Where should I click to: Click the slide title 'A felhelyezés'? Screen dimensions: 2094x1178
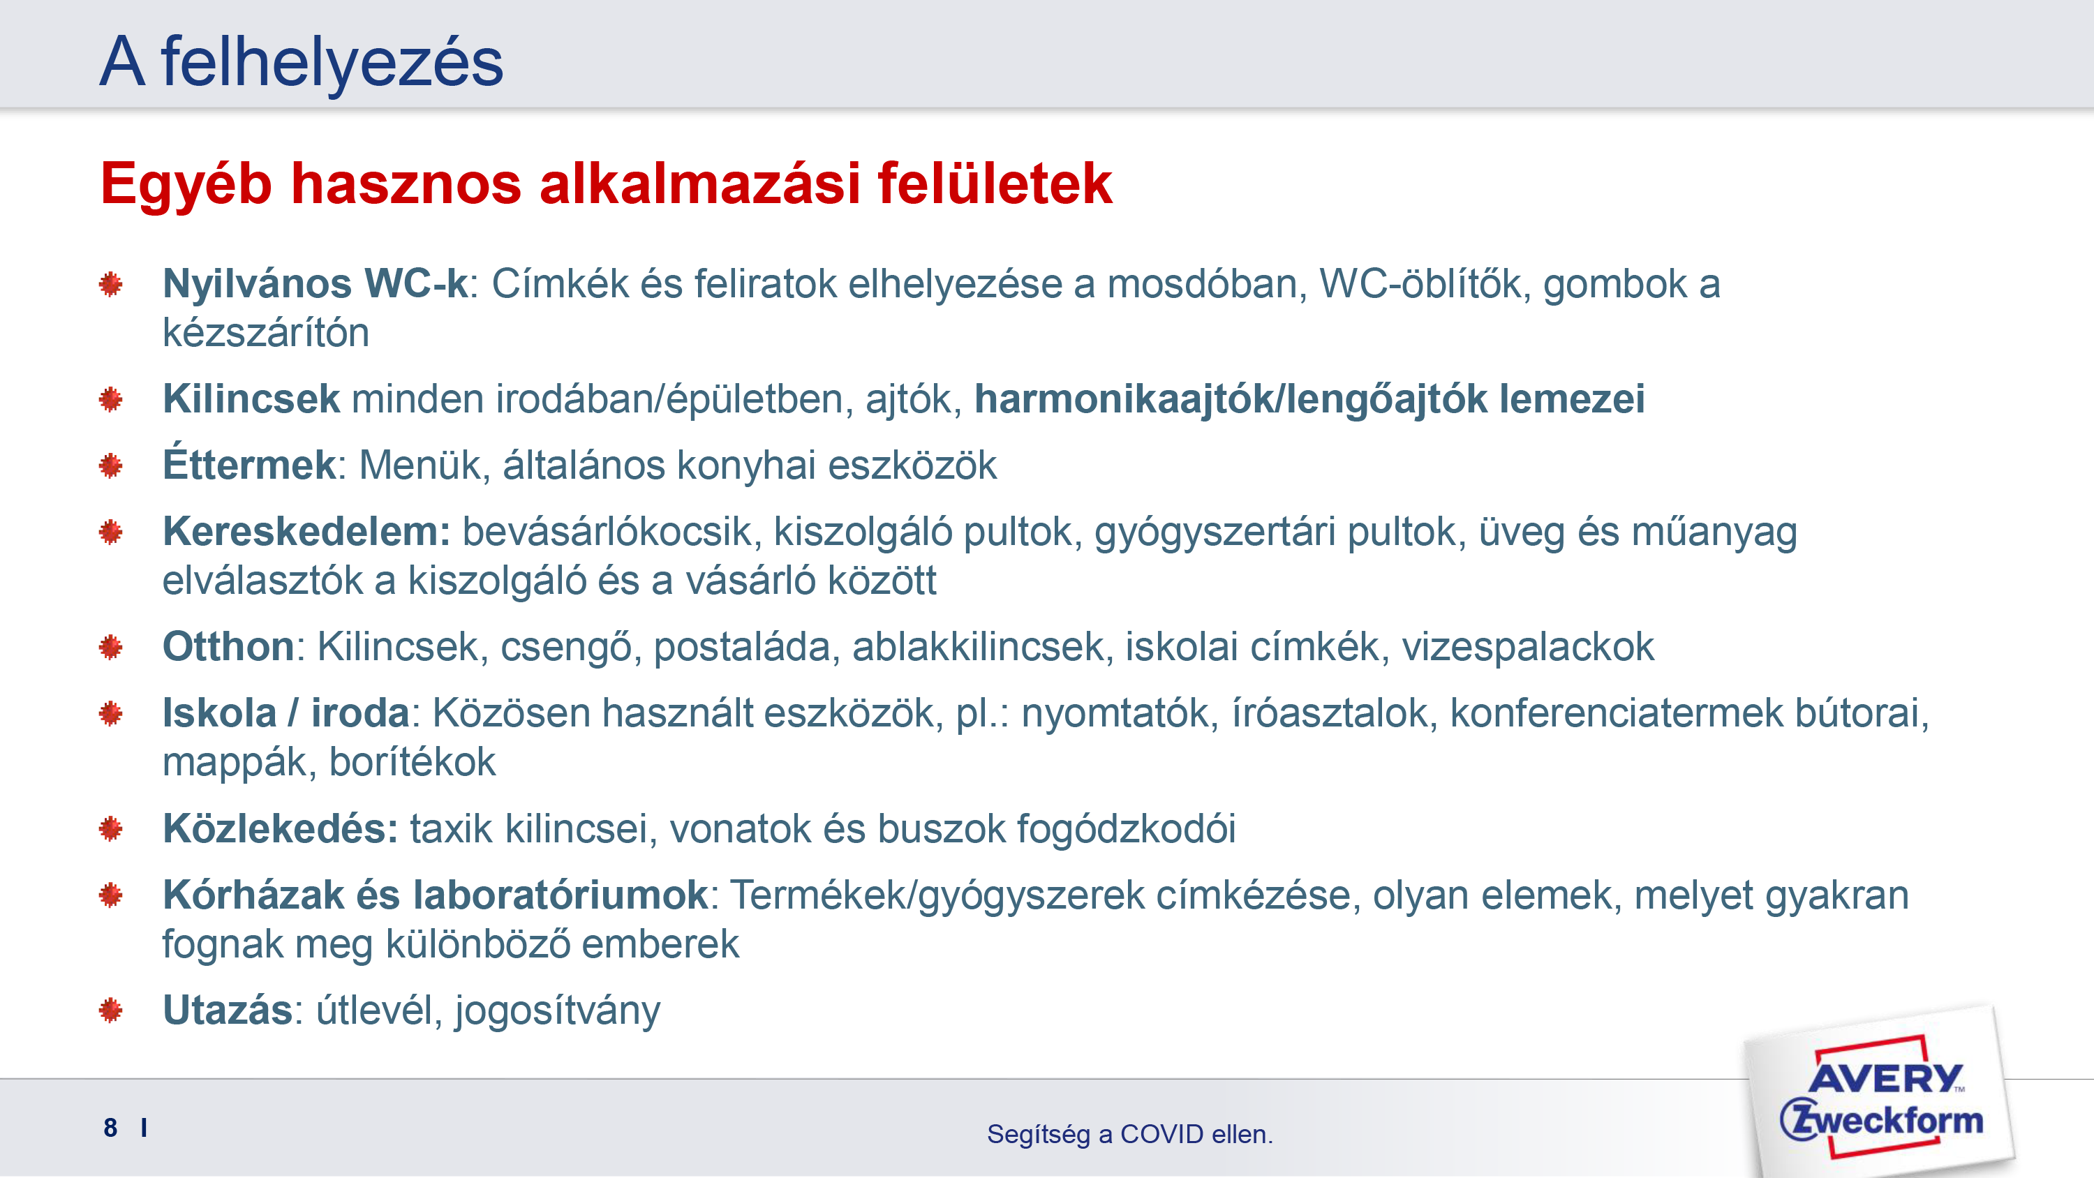pos(302,64)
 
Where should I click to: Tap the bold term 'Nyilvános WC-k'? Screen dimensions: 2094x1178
pos(315,285)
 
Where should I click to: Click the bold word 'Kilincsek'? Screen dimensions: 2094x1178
pos(251,399)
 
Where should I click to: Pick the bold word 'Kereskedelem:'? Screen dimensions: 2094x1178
pos(306,532)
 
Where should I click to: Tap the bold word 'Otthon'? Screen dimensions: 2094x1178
pos(228,647)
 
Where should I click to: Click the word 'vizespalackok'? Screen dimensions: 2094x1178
pos(1528,648)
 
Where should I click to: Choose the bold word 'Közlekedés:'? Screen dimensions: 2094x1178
pos(281,829)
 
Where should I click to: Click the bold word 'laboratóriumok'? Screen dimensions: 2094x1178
pos(560,896)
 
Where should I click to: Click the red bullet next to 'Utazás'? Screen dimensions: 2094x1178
pos(110,1011)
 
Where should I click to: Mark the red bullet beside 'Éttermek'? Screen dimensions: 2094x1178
pos(110,466)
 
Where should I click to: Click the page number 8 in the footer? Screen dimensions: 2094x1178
pos(110,1128)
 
